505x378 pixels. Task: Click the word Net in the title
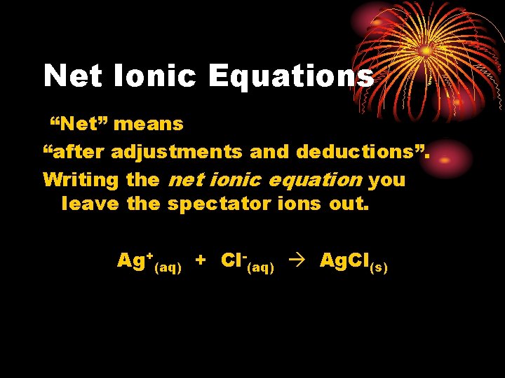pyautogui.click(x=72, y=76)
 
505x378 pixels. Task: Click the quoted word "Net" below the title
pyautogui.click(x=78, y=125)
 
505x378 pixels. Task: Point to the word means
pyautogui.click(x=148, y=125)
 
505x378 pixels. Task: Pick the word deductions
pyautogui.click(x=362, y=152)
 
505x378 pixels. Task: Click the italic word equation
pyautogui.click(x=316, y=180)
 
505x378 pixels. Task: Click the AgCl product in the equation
pyautogui.click(x=344, y=261)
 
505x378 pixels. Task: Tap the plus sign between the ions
pyautogui.click(x=201, y=261)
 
